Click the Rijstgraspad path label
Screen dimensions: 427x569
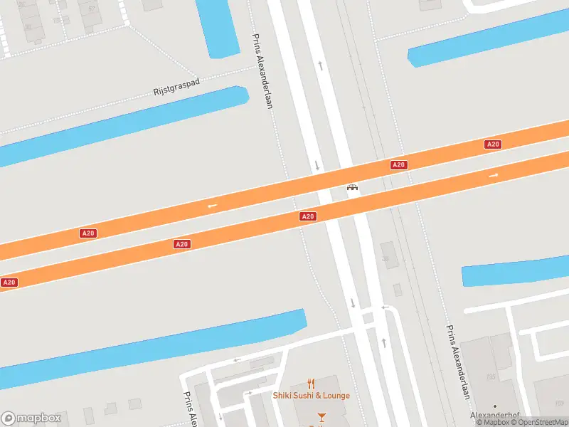pos(177,87)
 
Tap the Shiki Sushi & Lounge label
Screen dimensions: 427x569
pos(312,396)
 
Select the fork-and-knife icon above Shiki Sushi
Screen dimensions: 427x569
pos(311,384)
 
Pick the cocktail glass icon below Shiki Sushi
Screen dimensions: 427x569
pos(321,416)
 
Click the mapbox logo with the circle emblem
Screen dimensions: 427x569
pos(31,418)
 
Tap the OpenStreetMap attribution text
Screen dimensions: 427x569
pos(538,422)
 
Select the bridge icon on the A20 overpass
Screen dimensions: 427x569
pos(351,188)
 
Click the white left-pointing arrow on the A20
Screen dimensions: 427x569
pos(212,206)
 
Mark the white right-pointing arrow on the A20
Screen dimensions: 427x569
pos(494,175)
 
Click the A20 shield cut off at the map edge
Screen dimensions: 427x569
pos(9,283)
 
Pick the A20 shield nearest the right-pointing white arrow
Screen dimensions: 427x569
pos(493,144)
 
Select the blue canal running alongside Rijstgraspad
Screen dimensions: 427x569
pos(121,125)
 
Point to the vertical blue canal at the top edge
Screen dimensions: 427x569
pos(217,27)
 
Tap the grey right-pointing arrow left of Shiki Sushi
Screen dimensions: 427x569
pos(248,393)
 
